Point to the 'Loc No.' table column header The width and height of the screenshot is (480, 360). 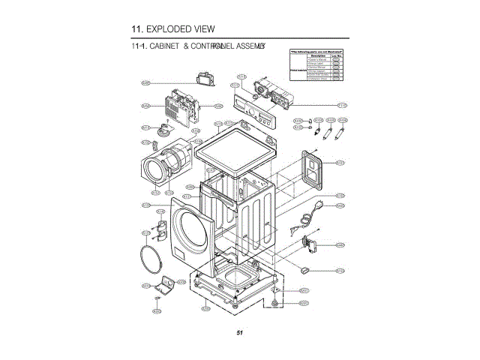pyautogui.click(x=337, y=55)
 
